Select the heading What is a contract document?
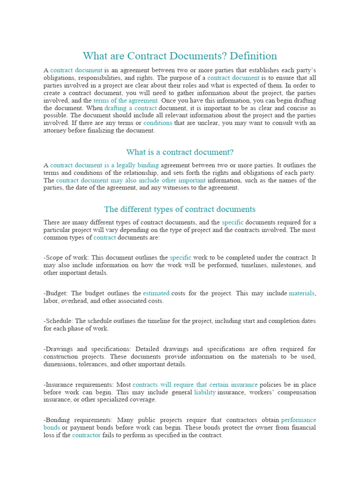coord(180,152)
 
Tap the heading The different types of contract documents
coord(180,209)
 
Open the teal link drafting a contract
coord(124,108)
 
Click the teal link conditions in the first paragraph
coord(157,123)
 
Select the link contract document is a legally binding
coord(104,165)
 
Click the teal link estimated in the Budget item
coord(156,293)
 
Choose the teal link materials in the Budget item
coord(301,293)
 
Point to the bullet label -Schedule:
coord(59,321)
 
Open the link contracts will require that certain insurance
coord(195,384)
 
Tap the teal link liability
coord(205,392)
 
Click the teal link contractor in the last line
coord(86,435)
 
